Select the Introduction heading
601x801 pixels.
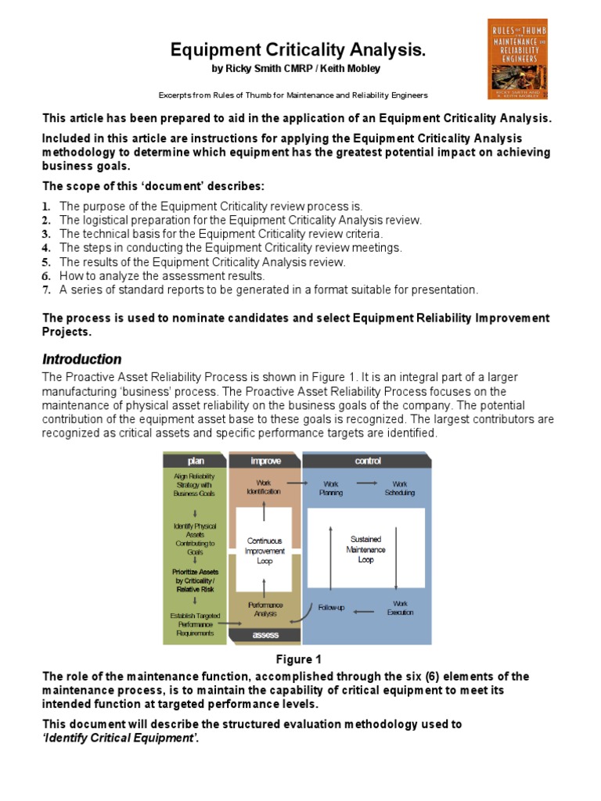click(81, 359)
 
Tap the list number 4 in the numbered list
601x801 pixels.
click(46, 248)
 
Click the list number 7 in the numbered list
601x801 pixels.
click(46, 290)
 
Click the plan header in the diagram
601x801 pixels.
click(195, 461)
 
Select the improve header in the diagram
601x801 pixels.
click(265, 461)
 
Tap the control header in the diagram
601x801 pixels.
click(368, 461)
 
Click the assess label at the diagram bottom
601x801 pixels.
click(265, 636)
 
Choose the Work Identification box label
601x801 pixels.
click(265, 488)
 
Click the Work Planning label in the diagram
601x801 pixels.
click(331, 488)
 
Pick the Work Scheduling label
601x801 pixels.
click(399, 488)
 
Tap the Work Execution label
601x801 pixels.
click(400, 608)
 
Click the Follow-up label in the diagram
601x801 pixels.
click(330, 608)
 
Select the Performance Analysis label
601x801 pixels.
click(265, 609)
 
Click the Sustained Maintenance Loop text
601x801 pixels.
click(365, 549)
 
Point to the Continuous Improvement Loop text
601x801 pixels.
click(265, 551)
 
